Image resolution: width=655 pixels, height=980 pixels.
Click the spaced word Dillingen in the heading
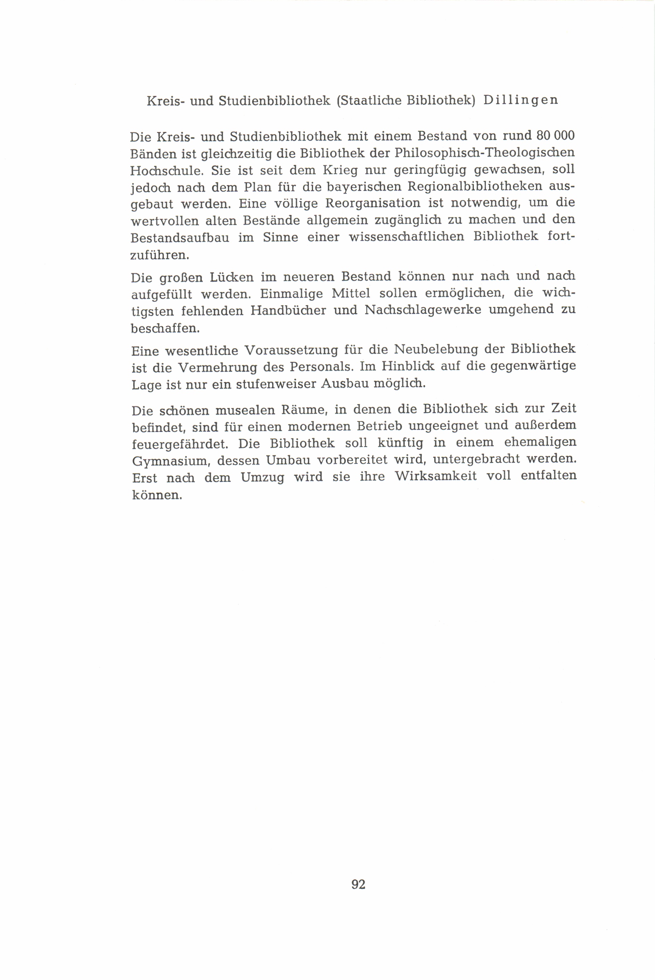coord(520,101)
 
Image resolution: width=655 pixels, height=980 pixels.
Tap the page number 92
coord(359,884)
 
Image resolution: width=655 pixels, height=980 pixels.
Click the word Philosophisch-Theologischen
coord(485,153)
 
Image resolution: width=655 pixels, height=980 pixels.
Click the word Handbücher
coord(288,310)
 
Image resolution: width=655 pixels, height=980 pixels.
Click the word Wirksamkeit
coord(436,477)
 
